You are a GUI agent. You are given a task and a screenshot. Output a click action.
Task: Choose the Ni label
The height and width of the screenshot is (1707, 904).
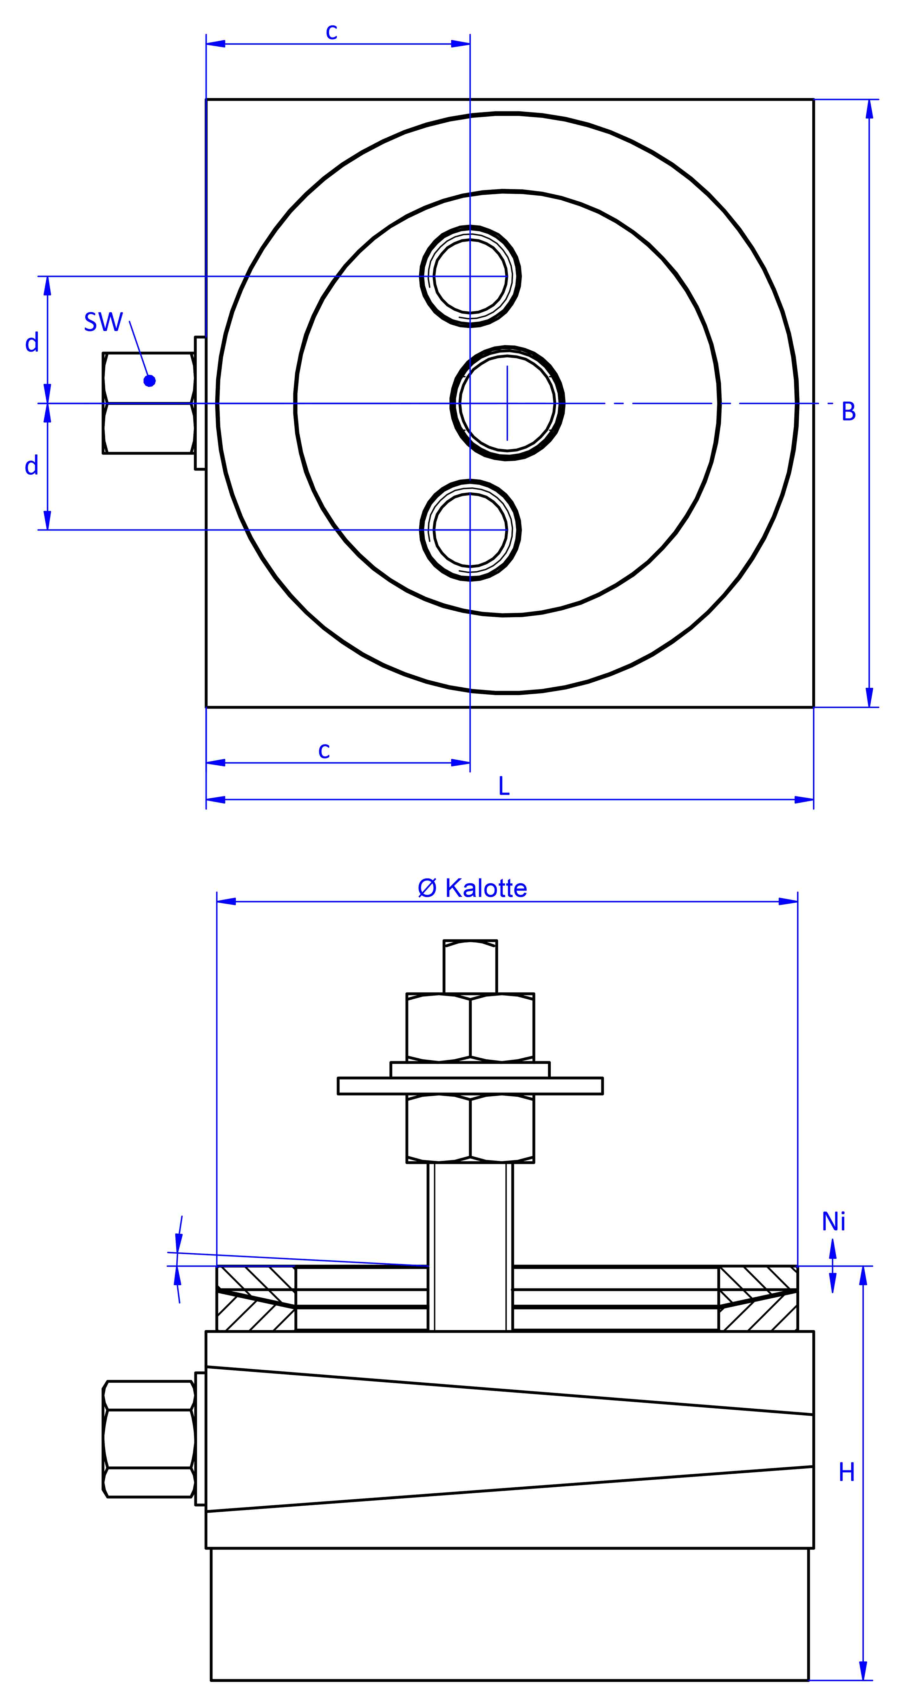(x=834, y=1221)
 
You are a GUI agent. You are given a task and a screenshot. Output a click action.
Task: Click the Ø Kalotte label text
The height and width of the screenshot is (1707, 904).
(x=473, y=888)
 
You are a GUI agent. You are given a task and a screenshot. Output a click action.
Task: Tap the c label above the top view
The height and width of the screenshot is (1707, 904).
(x=331, y=32)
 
